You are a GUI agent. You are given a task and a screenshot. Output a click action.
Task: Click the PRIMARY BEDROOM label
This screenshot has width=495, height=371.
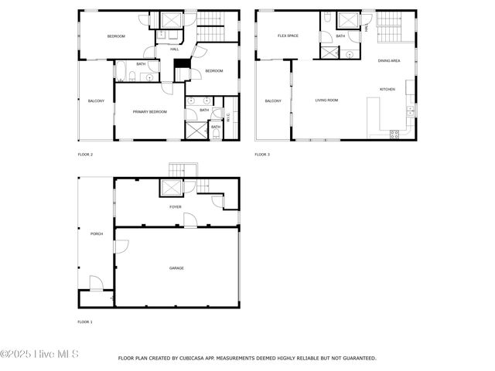(x=150, y=112)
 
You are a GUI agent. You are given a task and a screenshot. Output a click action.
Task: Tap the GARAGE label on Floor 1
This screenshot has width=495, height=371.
(x=176, y=267)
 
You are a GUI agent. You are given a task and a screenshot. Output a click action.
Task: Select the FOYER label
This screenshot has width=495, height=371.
(x=176, y=207)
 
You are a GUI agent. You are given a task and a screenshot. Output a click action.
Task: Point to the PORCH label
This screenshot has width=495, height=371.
(x=97, y=233)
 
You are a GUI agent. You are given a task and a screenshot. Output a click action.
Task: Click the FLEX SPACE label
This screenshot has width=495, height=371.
(x=288, y=36)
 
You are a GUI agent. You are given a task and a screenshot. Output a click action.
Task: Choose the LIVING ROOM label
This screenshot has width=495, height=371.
(x=326, y=100)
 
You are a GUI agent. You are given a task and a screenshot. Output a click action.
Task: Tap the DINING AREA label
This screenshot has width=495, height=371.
(x=389, y=60)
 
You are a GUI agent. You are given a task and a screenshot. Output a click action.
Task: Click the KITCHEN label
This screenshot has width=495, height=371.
(x=387, y=89)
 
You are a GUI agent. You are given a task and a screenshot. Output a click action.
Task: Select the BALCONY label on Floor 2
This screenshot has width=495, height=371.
(x=96, y=101)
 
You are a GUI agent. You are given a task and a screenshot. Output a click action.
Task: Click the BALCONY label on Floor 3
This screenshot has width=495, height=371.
(x=273, y=101)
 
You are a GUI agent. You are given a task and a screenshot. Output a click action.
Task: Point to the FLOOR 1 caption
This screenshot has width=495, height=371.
(x=85, y=321)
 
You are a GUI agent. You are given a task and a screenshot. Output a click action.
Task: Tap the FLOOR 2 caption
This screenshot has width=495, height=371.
(x=85, y=155)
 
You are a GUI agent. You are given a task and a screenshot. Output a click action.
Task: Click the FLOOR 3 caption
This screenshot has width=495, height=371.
(x=262, y=155)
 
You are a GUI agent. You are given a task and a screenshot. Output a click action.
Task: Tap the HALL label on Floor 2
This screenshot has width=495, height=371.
(x=175, y=49)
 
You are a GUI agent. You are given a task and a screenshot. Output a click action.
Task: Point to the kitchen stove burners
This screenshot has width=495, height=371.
(x=394, y=133)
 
